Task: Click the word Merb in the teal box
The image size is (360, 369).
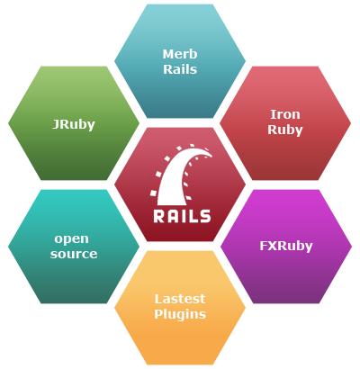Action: pyautogui.click(x=179, y=53)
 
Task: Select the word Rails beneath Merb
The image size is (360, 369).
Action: pyautogui.click(x=179, y=69)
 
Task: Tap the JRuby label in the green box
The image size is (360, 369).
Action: pyautogui.click(x=74, y=123)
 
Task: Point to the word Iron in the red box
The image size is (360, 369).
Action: pyautogui.click(x=285, y=114)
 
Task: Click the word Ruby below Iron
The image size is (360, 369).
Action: pyautogui.click(x=285, y=130)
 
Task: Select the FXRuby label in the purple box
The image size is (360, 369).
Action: pyautogui.click(x=285, y=244)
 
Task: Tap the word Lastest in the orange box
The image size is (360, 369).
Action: pyautogui.click(x=179, y=299)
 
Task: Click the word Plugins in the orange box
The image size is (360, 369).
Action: pyautogui.click(x=179, y=314)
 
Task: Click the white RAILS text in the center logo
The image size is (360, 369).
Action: pyautogui.click(x=182, y=215)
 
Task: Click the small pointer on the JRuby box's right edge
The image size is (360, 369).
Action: pyautogui.click(x=139, y=122)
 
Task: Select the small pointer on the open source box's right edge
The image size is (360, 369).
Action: pyautogui.click(x=139, y=245)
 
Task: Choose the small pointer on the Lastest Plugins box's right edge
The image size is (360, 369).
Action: pyautogui.click(x=244, y=307)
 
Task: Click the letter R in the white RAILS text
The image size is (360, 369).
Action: pyautogui.click(x=158, y=215)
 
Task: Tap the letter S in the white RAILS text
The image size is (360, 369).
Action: pyautogui.click(x=206, y=215)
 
